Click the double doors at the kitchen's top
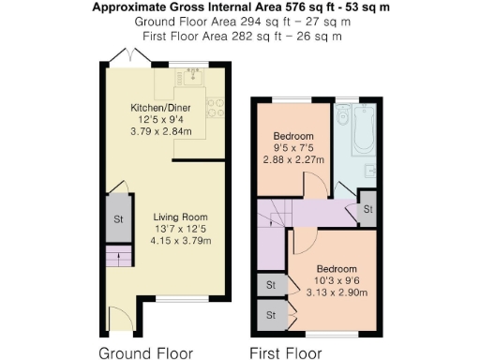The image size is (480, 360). [x=123, y=56]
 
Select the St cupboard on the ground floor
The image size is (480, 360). [x=119, y=219]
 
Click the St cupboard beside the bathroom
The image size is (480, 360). [x=367, y=208]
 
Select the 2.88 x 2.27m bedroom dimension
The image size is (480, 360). [x=292, y=159]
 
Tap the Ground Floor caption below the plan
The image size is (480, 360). [x=146, y=353]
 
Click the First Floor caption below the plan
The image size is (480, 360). [x=285, y=353]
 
